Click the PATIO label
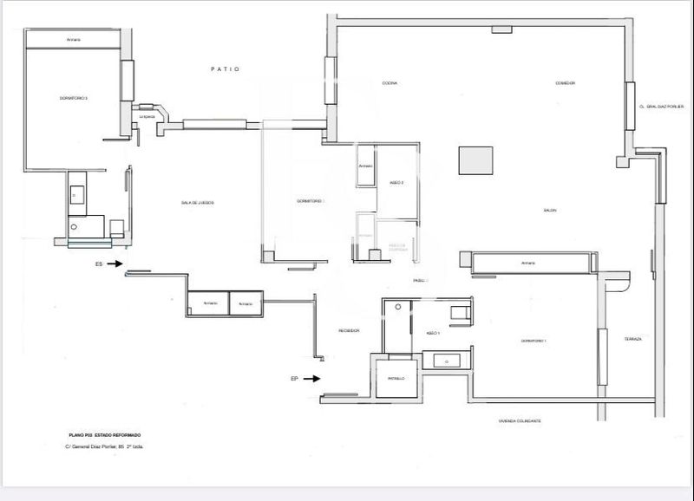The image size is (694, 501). pos(225,69)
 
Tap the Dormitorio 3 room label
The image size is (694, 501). pos(74,99)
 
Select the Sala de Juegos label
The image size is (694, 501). pos(197,203)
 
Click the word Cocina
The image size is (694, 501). pos(390,83)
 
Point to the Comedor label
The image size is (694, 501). pos(566,83)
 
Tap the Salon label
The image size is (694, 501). pos(550,211)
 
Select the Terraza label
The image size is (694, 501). pos(632,339)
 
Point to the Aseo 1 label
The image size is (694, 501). pos(434,333)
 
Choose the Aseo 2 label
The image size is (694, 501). pos(397,183)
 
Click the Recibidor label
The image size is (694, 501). pos(349,330)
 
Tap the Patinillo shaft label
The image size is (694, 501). pos(396,379)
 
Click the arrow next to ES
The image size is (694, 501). pos(116,267)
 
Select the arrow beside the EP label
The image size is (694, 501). pos(311,378)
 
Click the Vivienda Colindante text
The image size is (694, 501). pos(520,420)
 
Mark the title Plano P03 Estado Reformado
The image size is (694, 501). pos(104,434)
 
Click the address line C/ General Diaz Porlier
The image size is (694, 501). pos(104,446)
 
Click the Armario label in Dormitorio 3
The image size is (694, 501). pos(74,40)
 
